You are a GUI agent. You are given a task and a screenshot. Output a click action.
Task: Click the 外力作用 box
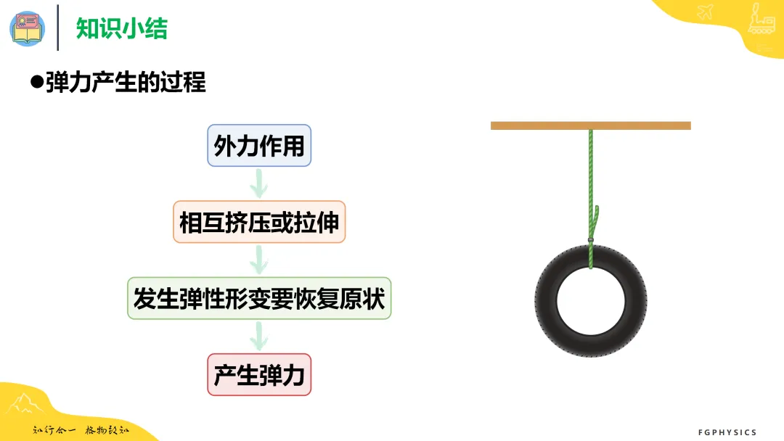[259, 145]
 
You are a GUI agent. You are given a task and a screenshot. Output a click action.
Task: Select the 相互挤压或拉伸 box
[259, 222]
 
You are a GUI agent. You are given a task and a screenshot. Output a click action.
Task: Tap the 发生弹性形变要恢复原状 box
[259, 298]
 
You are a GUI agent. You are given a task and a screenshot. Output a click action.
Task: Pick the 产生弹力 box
[259, 374]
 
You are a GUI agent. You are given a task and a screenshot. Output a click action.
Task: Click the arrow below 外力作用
[259, 184]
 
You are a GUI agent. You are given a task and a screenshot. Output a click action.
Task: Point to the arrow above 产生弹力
[259, 337]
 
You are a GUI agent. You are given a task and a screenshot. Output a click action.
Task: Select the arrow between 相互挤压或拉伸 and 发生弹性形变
[259, 260]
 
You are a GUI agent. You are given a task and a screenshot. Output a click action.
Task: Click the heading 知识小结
[121, 28]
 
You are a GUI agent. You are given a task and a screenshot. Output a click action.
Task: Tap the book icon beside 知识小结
[28, 28]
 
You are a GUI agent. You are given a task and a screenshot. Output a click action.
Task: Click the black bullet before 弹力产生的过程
[36, 82]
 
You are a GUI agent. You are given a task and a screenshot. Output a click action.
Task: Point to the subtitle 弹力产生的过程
[126, 82]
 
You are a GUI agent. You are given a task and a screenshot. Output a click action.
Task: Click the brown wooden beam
[590, 126]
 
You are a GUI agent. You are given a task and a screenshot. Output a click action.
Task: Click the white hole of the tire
[590, 301]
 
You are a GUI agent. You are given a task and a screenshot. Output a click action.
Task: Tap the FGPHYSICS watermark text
[727, 432]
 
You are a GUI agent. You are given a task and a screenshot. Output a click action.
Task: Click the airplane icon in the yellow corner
[705, 11]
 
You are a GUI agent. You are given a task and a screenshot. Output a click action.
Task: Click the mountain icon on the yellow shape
[24, 403]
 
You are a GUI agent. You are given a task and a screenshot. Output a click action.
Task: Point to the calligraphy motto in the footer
[81, 430]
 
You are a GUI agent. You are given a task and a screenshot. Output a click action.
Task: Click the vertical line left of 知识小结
[58, 28]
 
